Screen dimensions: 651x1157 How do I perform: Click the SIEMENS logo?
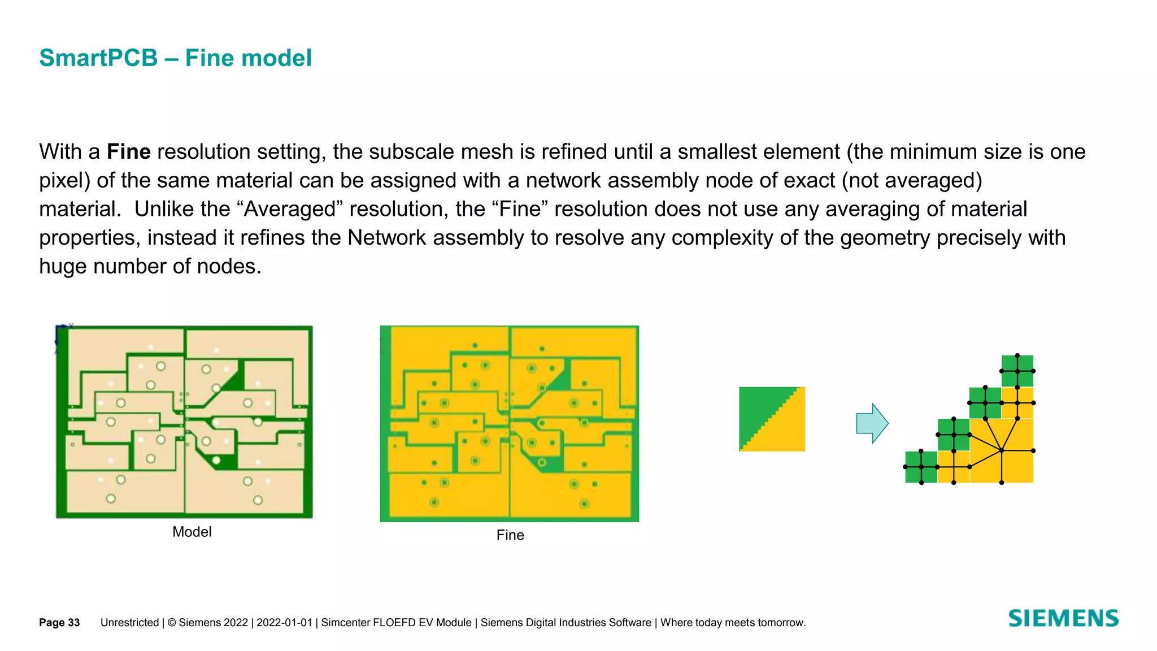click(x=1063, y=618)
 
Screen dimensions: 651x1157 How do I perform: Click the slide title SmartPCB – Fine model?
click(x=175, y=58)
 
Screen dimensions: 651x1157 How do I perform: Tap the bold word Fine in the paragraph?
click(x=128, y=152)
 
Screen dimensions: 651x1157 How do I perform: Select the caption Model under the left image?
click(x=192, y=532)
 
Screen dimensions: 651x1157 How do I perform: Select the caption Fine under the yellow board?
click(x=510, y=535)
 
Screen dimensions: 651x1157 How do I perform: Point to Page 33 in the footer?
click(x=59, y=623)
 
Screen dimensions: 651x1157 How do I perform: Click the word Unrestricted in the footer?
click(x=129, y=623)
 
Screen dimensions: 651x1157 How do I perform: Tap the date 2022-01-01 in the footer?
click(x=284, y=623)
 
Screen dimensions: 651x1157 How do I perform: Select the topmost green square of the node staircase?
click(x=1017, y=371)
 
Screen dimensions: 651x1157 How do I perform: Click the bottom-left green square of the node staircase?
click(x=921, y=467)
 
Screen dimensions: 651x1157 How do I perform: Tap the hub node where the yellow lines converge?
click(x=1002, y=450)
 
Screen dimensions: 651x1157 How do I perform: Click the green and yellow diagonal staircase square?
click(x=772, y=419)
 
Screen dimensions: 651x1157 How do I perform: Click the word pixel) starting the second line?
click(x=64, y=181)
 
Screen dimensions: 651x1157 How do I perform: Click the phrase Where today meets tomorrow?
click(x=733, y=623)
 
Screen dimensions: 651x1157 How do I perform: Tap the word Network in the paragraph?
click(x=386, y=238)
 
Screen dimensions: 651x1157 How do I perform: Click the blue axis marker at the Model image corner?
click(x=59, y=335)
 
